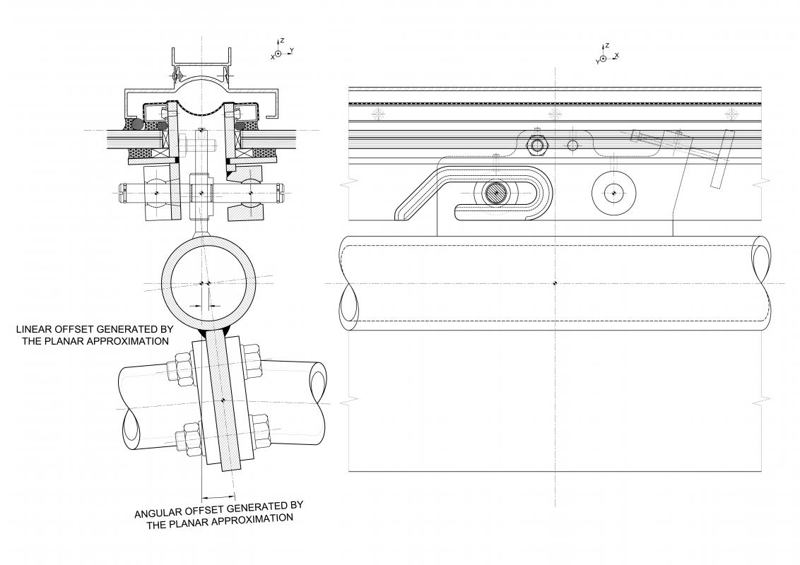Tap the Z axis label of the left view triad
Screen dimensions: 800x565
tap(282, 40)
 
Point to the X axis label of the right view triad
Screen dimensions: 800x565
tap(617, 54)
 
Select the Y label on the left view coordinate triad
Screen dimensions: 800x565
tap(291, 50)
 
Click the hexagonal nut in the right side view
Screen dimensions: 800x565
tap(536, 145)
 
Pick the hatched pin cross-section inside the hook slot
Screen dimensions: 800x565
tap(495, 194)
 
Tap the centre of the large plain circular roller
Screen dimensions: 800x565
tap(613, 193)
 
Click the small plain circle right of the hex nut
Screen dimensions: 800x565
tap(573, 145)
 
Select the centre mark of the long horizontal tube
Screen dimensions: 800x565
tap(555, 283)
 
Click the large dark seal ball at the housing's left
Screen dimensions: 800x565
tap(136, 124)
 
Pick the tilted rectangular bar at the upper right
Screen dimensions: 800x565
tap(720, 158)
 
